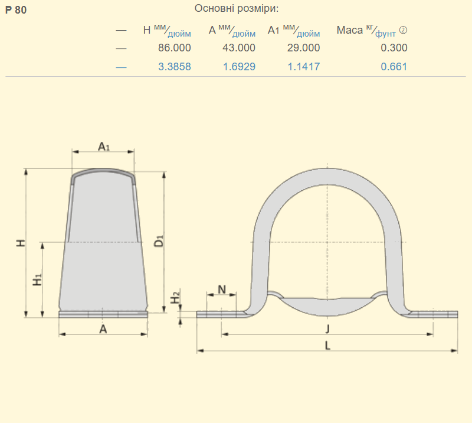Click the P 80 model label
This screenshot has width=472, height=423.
coord(16,10)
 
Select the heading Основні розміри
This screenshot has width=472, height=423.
coord(237,8)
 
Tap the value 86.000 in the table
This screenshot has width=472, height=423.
coord(175,48)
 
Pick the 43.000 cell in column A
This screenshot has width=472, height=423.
coord(239,48)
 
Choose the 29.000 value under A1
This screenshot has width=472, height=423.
coord(303,48)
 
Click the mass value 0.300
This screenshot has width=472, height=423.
coord(394,48)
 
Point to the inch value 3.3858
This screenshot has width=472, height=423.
coord(175,67)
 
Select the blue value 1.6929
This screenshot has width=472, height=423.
coord(239,67)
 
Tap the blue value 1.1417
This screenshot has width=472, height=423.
coord(304,67)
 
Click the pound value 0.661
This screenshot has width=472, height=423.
coord(394,67)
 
